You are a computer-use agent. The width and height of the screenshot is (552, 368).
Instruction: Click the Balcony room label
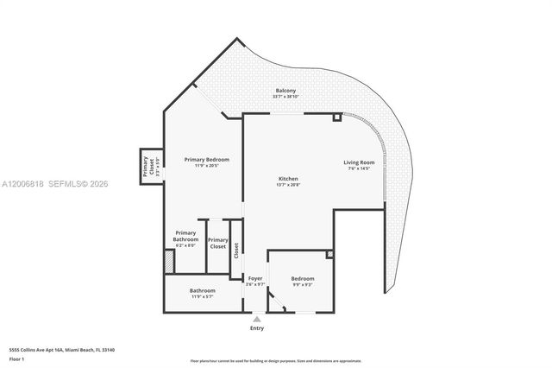coord(286,91)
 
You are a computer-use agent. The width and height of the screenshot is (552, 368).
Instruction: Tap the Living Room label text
coord(359,162)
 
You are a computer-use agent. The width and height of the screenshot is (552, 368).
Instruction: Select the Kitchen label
coord(287,179)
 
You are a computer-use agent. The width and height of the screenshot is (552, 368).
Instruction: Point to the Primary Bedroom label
coord(206,160)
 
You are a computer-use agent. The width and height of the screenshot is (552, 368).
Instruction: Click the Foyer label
coord(255,278)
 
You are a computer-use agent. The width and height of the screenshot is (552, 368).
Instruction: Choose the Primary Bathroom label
coord(185,232)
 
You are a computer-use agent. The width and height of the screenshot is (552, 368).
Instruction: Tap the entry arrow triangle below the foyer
coord(256,319)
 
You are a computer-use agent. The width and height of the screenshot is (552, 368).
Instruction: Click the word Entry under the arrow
coord(257,328)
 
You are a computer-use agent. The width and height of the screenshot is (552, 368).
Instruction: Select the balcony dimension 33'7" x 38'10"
coord(286,97)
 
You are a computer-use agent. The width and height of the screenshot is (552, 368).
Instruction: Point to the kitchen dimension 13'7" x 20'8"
coord(287,185)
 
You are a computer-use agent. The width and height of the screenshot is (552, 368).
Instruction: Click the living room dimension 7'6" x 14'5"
coord(359,168)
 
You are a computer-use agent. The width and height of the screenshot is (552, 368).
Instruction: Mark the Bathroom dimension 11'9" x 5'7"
coord(203,296)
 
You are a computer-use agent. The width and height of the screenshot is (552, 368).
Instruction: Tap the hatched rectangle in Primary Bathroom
coord(169,262)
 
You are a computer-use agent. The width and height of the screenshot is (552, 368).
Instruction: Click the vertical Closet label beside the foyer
coord(235,251)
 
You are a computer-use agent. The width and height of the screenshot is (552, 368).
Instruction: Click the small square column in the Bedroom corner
coord(329,254)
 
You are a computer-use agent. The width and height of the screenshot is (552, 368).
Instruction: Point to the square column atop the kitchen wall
coord(336,116)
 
